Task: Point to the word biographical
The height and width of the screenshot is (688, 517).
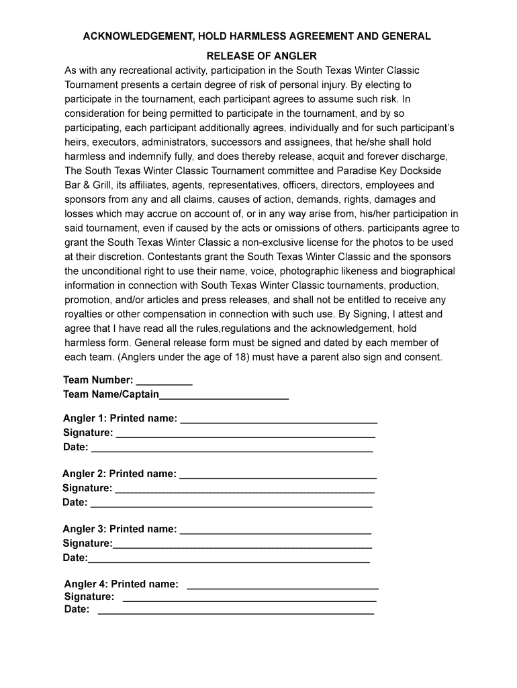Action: coord(425,271)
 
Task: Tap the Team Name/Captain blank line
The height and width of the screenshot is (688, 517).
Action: coord(224,398)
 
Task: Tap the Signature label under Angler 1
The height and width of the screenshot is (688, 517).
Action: coord(88,433)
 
